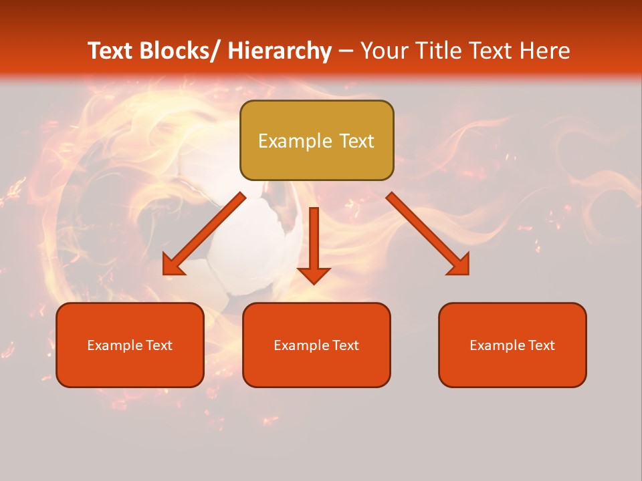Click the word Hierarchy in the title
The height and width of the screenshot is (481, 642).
[x=280, y=51]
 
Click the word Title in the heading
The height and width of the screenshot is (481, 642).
[x=442, y=51]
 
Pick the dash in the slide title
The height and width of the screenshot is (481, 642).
[x=346, y=52]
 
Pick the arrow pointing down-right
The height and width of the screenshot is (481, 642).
[x=428, y=234]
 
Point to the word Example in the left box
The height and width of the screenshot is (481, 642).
[x=114, y=345]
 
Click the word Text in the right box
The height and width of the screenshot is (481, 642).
[x=542, y=345]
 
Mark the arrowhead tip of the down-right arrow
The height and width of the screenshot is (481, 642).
[x=467, y=273]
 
